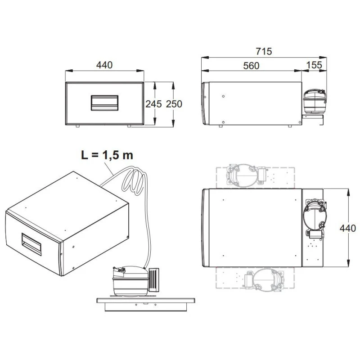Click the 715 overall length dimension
click(264, 51)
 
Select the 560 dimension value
click(251, 66)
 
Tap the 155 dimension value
click(314, 65)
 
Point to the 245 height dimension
click(153, 104)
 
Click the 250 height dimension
click(174, 104)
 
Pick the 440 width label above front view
click(104, 65)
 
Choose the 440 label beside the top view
click(348, 228)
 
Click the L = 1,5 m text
click(107, 155)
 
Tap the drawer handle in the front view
click(105, 103)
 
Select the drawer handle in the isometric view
click(31, 244)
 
